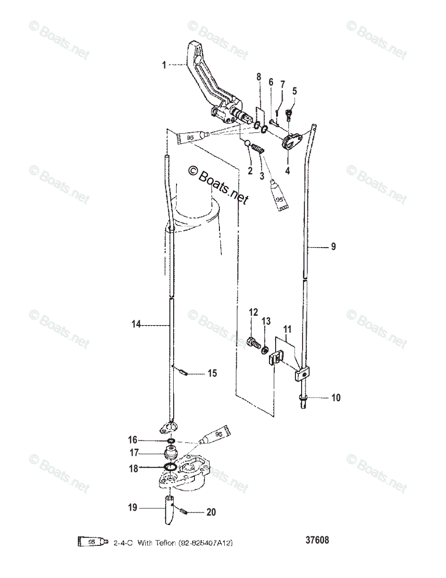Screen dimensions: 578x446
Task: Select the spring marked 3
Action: (x=259, y=150)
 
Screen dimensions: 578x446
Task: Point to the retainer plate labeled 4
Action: (x=290, y=142)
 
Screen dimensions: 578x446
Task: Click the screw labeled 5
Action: (x=290, y=114)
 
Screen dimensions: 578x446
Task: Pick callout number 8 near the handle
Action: (x=258, y=77)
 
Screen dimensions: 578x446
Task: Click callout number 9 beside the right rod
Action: (x=333, y=247)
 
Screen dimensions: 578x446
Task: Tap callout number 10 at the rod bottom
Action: (x=335, y=398)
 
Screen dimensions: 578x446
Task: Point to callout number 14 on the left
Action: (x=136, y=325)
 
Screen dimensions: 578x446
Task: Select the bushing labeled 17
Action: (x=171, y=453)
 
